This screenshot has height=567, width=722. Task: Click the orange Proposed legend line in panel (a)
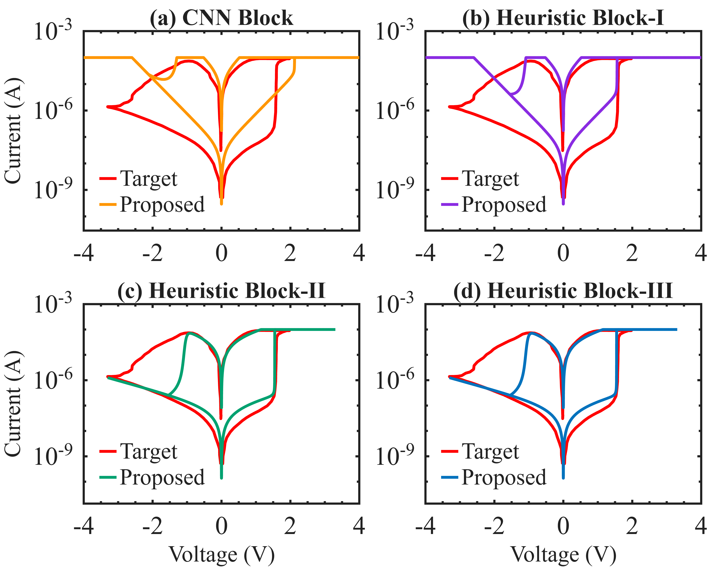[x=108, y=204]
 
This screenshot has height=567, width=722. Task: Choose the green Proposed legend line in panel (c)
[x=108, y=477]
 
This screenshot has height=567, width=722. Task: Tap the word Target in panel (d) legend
[x=490, y=452]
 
